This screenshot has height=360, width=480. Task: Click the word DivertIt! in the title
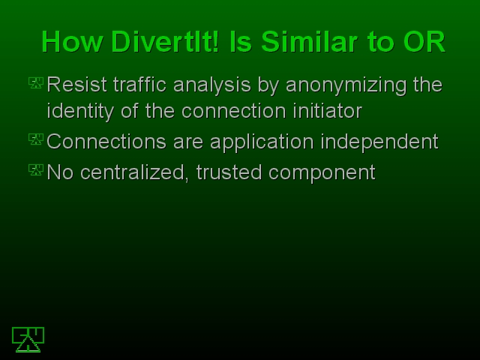click(x=165, y=42)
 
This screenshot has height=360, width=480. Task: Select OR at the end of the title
click(x=424, y=42)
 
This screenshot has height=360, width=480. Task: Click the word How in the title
click(x=72, y=42)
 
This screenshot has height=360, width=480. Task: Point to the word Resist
click(x=76, y=85)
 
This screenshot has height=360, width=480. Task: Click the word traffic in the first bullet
click(x=140, y=85)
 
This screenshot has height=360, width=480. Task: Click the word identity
click(x=80, y=112)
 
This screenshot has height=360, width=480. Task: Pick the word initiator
click(x=328, y=110)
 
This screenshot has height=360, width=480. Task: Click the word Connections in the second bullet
click(x=106, y=142)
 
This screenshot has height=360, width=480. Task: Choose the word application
click(x=262, y=142)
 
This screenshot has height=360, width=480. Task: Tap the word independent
click(x=379, y=142)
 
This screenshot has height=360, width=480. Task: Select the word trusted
click(x=229, y=172)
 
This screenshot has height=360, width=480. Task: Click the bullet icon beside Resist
click(x=36, y=82)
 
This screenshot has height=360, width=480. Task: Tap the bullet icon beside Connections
click(x=36, y=139)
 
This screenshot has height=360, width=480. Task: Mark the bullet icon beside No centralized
click(x=36, y=170)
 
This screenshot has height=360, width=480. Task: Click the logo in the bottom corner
click(x=28, y=340)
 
